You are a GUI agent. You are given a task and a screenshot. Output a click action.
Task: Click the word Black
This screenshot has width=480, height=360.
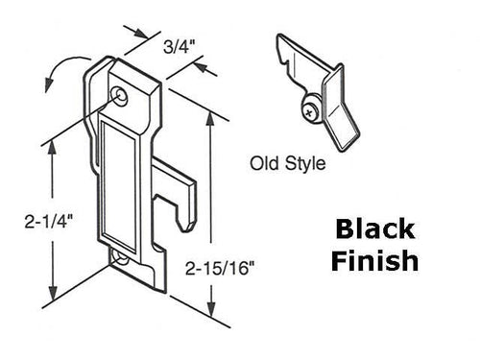(x=374, y=230)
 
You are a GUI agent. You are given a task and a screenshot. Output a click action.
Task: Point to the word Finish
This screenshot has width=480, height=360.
(x=374, y=260)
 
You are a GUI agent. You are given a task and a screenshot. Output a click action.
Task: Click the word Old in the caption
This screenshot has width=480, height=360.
(x=264, y=162)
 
